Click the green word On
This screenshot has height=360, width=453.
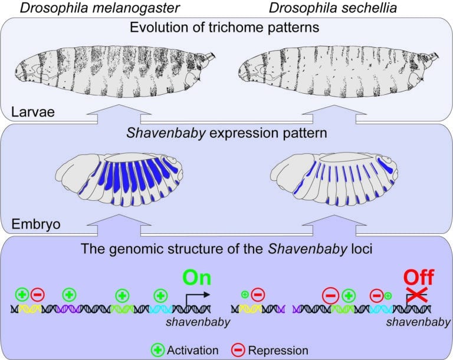point(197,278)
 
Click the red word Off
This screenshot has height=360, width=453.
point(419,278)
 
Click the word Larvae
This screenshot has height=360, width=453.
point(33,112)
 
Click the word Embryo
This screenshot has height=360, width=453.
point(36,224)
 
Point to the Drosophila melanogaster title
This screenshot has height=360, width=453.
point(100,8)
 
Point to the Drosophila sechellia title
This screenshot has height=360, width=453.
point(333,8)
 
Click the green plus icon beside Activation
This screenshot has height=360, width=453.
point(157,350)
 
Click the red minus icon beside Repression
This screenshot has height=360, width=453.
point(238,350)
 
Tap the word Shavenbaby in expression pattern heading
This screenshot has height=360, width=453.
point(166,133)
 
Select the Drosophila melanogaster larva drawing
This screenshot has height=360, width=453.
point(115,71)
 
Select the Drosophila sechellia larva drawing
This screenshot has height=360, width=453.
point(339,71)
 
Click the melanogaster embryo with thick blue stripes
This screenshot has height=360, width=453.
point(119,180)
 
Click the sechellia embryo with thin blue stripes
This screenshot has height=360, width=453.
point(334,179)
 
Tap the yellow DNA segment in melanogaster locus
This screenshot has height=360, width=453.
point(29,309)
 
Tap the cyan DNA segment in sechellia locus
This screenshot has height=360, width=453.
point(382,309)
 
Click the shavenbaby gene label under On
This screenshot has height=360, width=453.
point(198,322)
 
